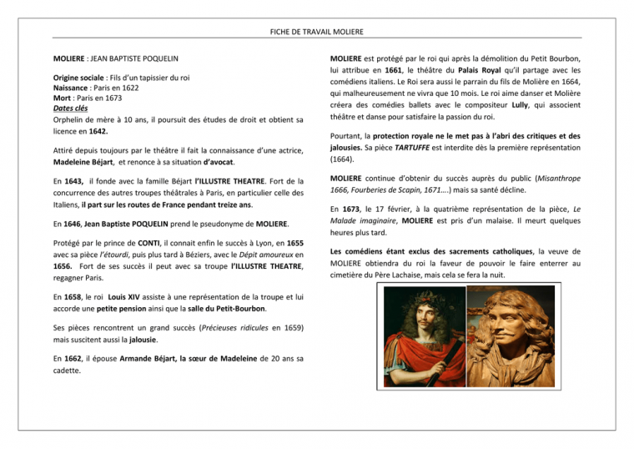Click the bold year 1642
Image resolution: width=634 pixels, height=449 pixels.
[96, 131]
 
